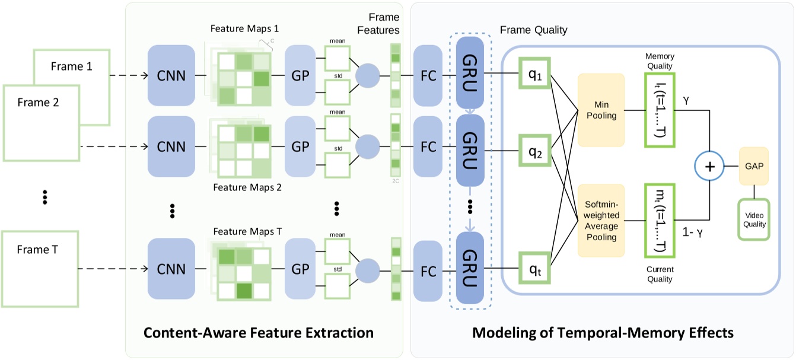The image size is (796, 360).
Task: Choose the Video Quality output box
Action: click(x=753, y=219)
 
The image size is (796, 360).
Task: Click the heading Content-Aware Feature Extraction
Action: click(x=259, y=332)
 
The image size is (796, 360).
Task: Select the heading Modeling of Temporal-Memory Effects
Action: click(x=603, y=332)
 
